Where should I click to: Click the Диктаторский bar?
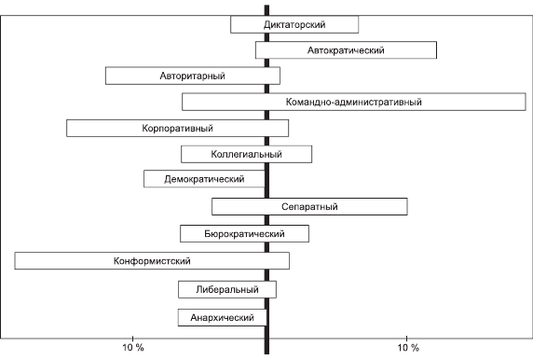[x=294, y=24]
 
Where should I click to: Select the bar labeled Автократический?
[x=346, y=50]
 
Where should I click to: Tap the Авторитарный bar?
[x=193, y=76]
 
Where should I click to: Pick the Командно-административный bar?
[x=354, y=102]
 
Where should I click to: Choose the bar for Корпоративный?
[x=177, y=129]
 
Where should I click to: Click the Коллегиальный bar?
[x=246, y=154]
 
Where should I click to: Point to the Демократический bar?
[x=204, y=179]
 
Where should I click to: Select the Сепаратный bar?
[x=309, y=206]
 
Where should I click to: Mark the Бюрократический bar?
[x=244, y=234]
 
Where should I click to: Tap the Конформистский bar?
[x=152, y=261]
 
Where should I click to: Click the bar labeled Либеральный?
[x=227, y=289]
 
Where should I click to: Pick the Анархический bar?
[x=222, y=317]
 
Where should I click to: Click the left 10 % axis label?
[x=133, y=348]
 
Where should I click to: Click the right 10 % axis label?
[x=408, y=348]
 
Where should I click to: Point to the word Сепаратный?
[x=309, y=206]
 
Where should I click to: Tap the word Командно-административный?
[x=354, y=102]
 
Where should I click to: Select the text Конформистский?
[x=152, y=261]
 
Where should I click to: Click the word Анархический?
[x=222, y=317]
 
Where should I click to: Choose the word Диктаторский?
[x=294, y=24]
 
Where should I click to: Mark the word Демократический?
[x=204, y=179]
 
